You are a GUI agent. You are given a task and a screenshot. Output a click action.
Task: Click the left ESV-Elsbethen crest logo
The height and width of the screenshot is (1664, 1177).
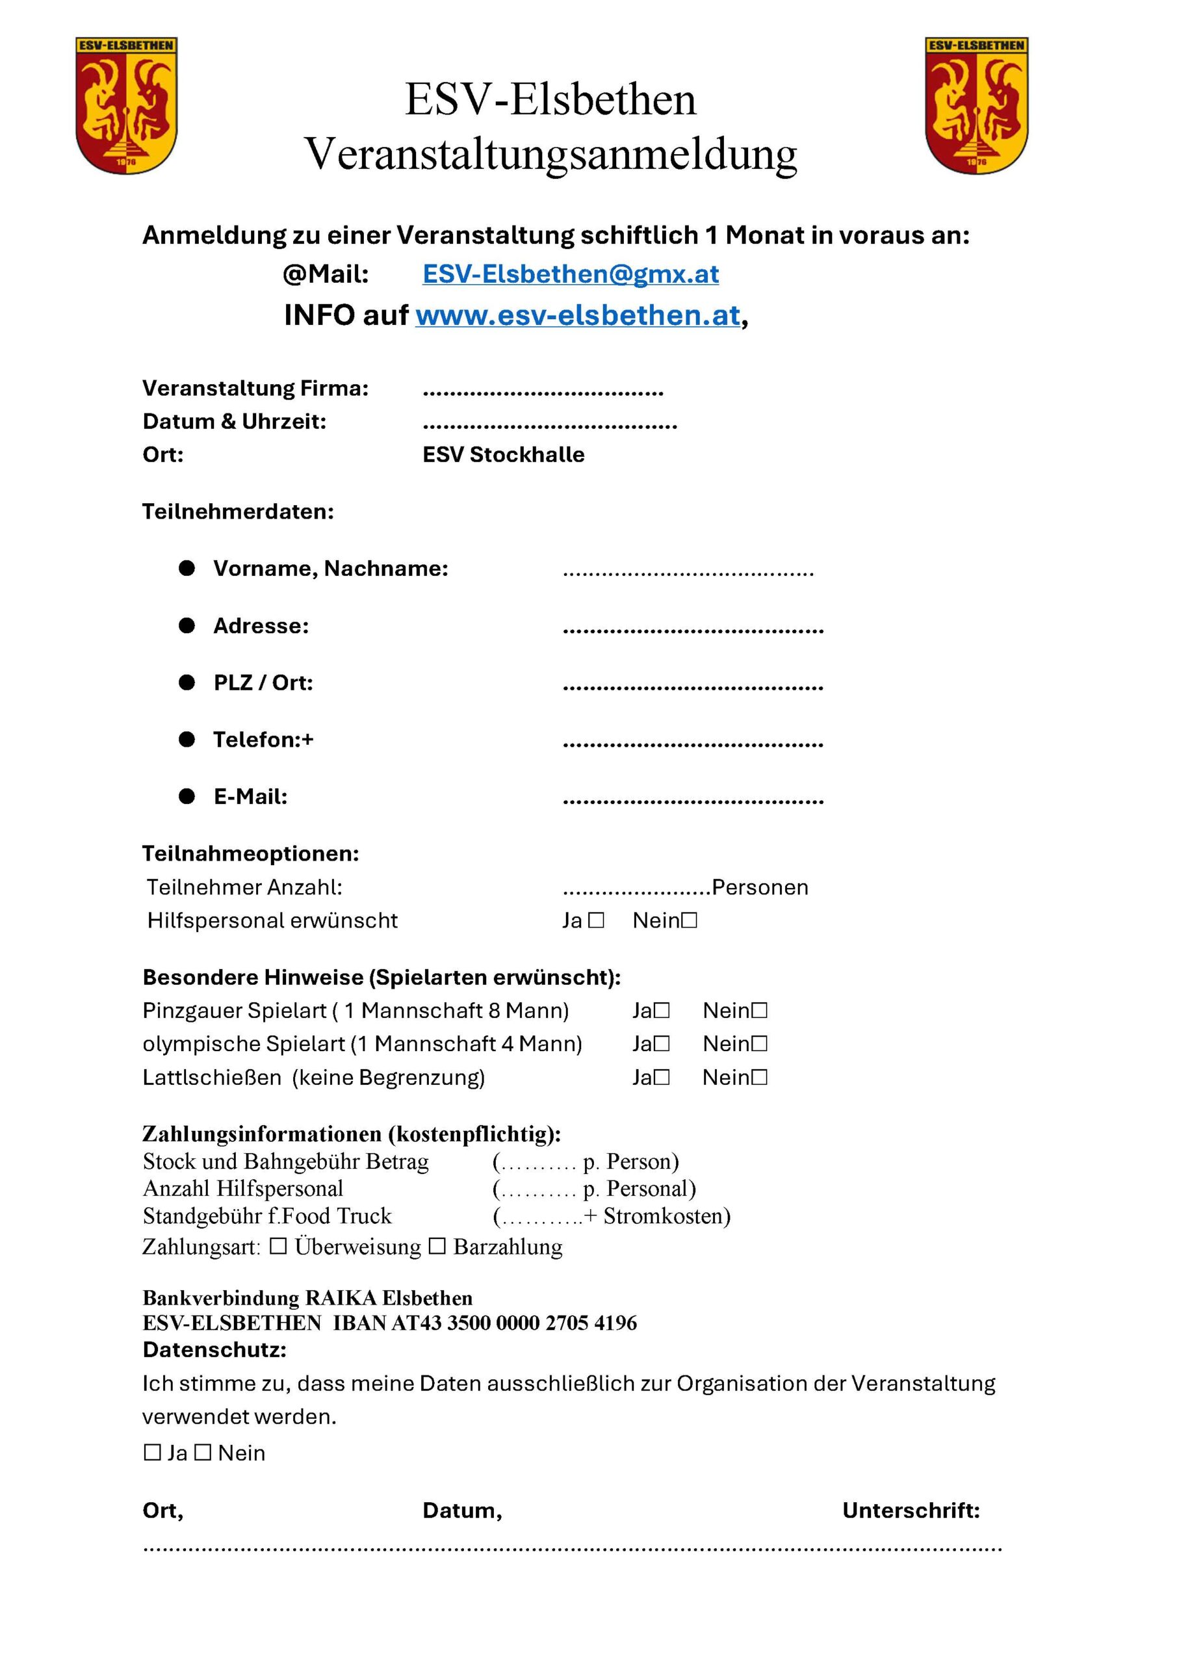pos(126,106)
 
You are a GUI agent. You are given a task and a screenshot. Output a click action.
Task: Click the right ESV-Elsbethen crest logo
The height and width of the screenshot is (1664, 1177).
pos(976,106)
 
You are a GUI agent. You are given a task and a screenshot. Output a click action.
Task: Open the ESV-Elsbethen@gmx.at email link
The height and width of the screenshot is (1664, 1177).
pos(571,274)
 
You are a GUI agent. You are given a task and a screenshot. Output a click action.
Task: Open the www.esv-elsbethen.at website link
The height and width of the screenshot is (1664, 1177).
pos(578,315)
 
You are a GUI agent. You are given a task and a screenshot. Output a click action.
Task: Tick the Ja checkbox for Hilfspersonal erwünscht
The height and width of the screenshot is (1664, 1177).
pos(596,920)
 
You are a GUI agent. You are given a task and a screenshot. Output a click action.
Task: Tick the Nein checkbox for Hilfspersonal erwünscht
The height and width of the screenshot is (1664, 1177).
pos(690,920)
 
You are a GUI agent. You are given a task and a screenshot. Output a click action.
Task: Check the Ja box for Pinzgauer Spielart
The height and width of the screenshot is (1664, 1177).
pos(661,1009)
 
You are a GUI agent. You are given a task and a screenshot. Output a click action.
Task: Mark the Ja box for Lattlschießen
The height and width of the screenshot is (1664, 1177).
pos(661,1077)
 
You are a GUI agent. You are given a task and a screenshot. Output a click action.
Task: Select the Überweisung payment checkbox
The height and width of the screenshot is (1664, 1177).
pos(278,1246)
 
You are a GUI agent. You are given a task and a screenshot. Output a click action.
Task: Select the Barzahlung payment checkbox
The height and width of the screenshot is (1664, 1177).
pos(437,1246)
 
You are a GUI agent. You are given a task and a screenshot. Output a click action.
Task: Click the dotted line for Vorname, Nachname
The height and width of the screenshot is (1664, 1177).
pos(688,573)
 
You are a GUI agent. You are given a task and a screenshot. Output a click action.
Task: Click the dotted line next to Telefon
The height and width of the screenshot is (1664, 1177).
pos(693,744)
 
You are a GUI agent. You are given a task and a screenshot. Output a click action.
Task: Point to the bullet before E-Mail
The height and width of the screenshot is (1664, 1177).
pos(187,796)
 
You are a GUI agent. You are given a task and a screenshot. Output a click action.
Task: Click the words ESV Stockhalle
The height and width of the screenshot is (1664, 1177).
pos(503,454)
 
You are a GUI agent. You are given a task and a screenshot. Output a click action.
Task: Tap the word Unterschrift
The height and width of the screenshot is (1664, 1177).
pos(911,1510)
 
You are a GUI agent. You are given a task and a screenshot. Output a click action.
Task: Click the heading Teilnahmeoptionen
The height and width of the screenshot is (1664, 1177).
pos(250,853)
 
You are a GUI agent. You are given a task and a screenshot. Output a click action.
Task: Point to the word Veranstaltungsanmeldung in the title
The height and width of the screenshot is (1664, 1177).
pos(551,153)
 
